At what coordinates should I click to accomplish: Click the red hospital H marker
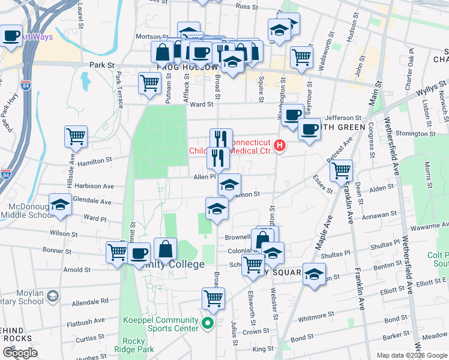279,145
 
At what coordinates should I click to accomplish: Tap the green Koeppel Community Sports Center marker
208,324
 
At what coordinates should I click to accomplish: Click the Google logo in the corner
20,353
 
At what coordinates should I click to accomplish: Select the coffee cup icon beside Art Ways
11,35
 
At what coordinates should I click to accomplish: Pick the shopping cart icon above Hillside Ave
76,136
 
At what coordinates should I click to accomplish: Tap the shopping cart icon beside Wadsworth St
301,56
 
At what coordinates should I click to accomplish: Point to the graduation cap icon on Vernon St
229,185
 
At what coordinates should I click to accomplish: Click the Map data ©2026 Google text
411,355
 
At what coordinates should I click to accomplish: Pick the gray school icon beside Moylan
53,296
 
